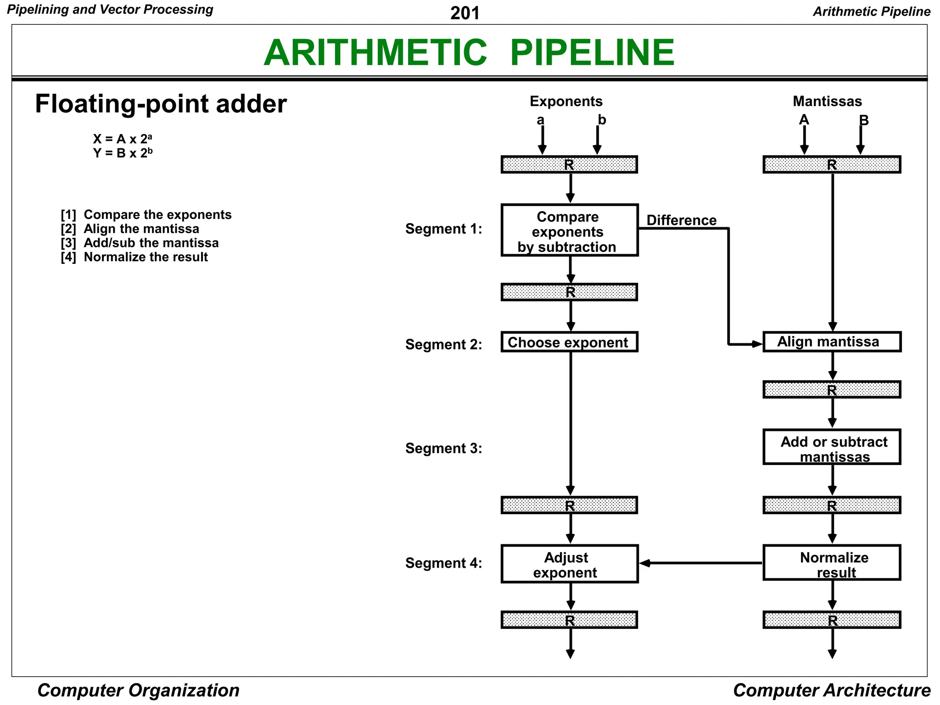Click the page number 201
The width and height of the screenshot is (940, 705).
point(464,13)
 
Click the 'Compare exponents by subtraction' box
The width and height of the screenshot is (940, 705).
point(569,230)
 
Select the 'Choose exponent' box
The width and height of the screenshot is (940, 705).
point(569,342)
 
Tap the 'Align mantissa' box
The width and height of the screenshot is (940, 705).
point(831,342)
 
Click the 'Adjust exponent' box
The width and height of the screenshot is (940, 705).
point(569,564)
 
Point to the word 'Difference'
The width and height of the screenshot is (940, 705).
point(681,220)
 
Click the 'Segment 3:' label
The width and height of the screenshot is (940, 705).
point(443,448)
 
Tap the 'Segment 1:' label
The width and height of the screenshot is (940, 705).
point(443,229)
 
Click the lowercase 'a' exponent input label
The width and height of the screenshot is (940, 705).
point(540,120)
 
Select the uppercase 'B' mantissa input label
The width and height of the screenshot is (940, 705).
point(864,120)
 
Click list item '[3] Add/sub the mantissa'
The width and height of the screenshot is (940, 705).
point(140,243)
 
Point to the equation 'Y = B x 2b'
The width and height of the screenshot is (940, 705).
point(123,153)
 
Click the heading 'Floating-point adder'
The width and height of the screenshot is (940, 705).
point(161,104)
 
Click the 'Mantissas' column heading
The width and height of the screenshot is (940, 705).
point(827,101)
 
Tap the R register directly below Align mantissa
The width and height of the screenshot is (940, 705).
point(831,390)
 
